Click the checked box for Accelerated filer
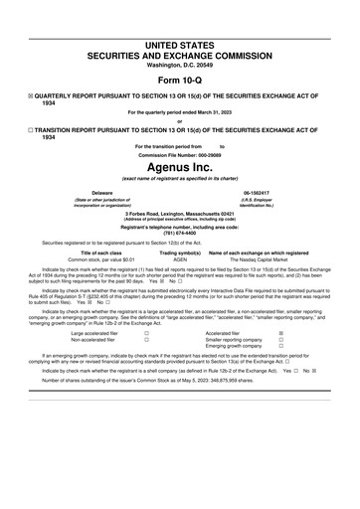tap(280, 332)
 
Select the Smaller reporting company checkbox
tap(280, 339)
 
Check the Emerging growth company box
tap(280, 346)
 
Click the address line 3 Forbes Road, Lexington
tap(179, 214)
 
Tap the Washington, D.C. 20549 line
tap(179, 37)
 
